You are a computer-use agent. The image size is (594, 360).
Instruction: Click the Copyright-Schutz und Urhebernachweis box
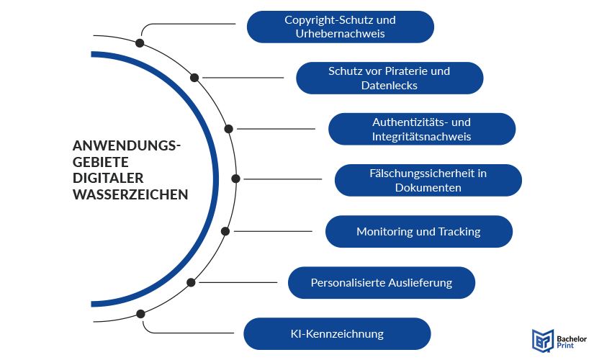pyautogui.click(x=340, y=27)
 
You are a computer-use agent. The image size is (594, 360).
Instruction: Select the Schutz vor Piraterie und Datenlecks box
pyautogui.click(x=389, y=78)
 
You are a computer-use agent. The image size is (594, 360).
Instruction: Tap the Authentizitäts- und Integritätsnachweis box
pyautogui.click(x=422, y=129)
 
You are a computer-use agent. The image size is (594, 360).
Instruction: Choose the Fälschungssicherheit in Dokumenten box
pyautogui.click(x=428, y=180)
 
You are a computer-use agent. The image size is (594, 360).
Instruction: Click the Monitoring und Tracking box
pyautogui.click(x=418, y=232)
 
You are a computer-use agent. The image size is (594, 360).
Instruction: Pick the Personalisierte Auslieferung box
pyautogui.click(x=381, y=283)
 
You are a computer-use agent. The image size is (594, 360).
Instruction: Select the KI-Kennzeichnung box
pyautogui.click(x=337, y=334)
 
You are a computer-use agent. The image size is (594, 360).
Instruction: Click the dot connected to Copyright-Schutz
pyautogui.click(x=140, y=43)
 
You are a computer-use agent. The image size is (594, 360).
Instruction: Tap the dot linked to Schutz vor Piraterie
pyautogui.click(x=194, y=77)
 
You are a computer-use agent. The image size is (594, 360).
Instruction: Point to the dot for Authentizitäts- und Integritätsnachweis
pyautogui.click(x=228, y=129)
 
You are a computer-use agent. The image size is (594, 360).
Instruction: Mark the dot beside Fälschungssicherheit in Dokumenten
pyautogui.click(x=235, y=179)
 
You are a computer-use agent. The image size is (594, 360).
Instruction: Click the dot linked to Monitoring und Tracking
pyautogui.click(x=225, y=231)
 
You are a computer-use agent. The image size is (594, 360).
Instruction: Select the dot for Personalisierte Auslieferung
pyautogui.click(x=191, y=283)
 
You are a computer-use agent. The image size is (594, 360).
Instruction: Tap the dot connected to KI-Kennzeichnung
pyautogui.click(x=140, y=314)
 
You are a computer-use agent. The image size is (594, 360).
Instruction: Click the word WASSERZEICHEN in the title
pyautogui.click(x=130, y=194)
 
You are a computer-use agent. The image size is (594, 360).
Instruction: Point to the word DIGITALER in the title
pyautogui.click(x=108, y=178)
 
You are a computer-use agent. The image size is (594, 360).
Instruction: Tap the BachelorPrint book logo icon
pyautogui.click(x=541, y=339)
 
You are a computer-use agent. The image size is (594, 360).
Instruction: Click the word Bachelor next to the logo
pyautogui.click(x=571, y=335)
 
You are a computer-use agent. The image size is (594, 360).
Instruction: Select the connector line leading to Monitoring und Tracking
pyautogui.click(x=274, y=231)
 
